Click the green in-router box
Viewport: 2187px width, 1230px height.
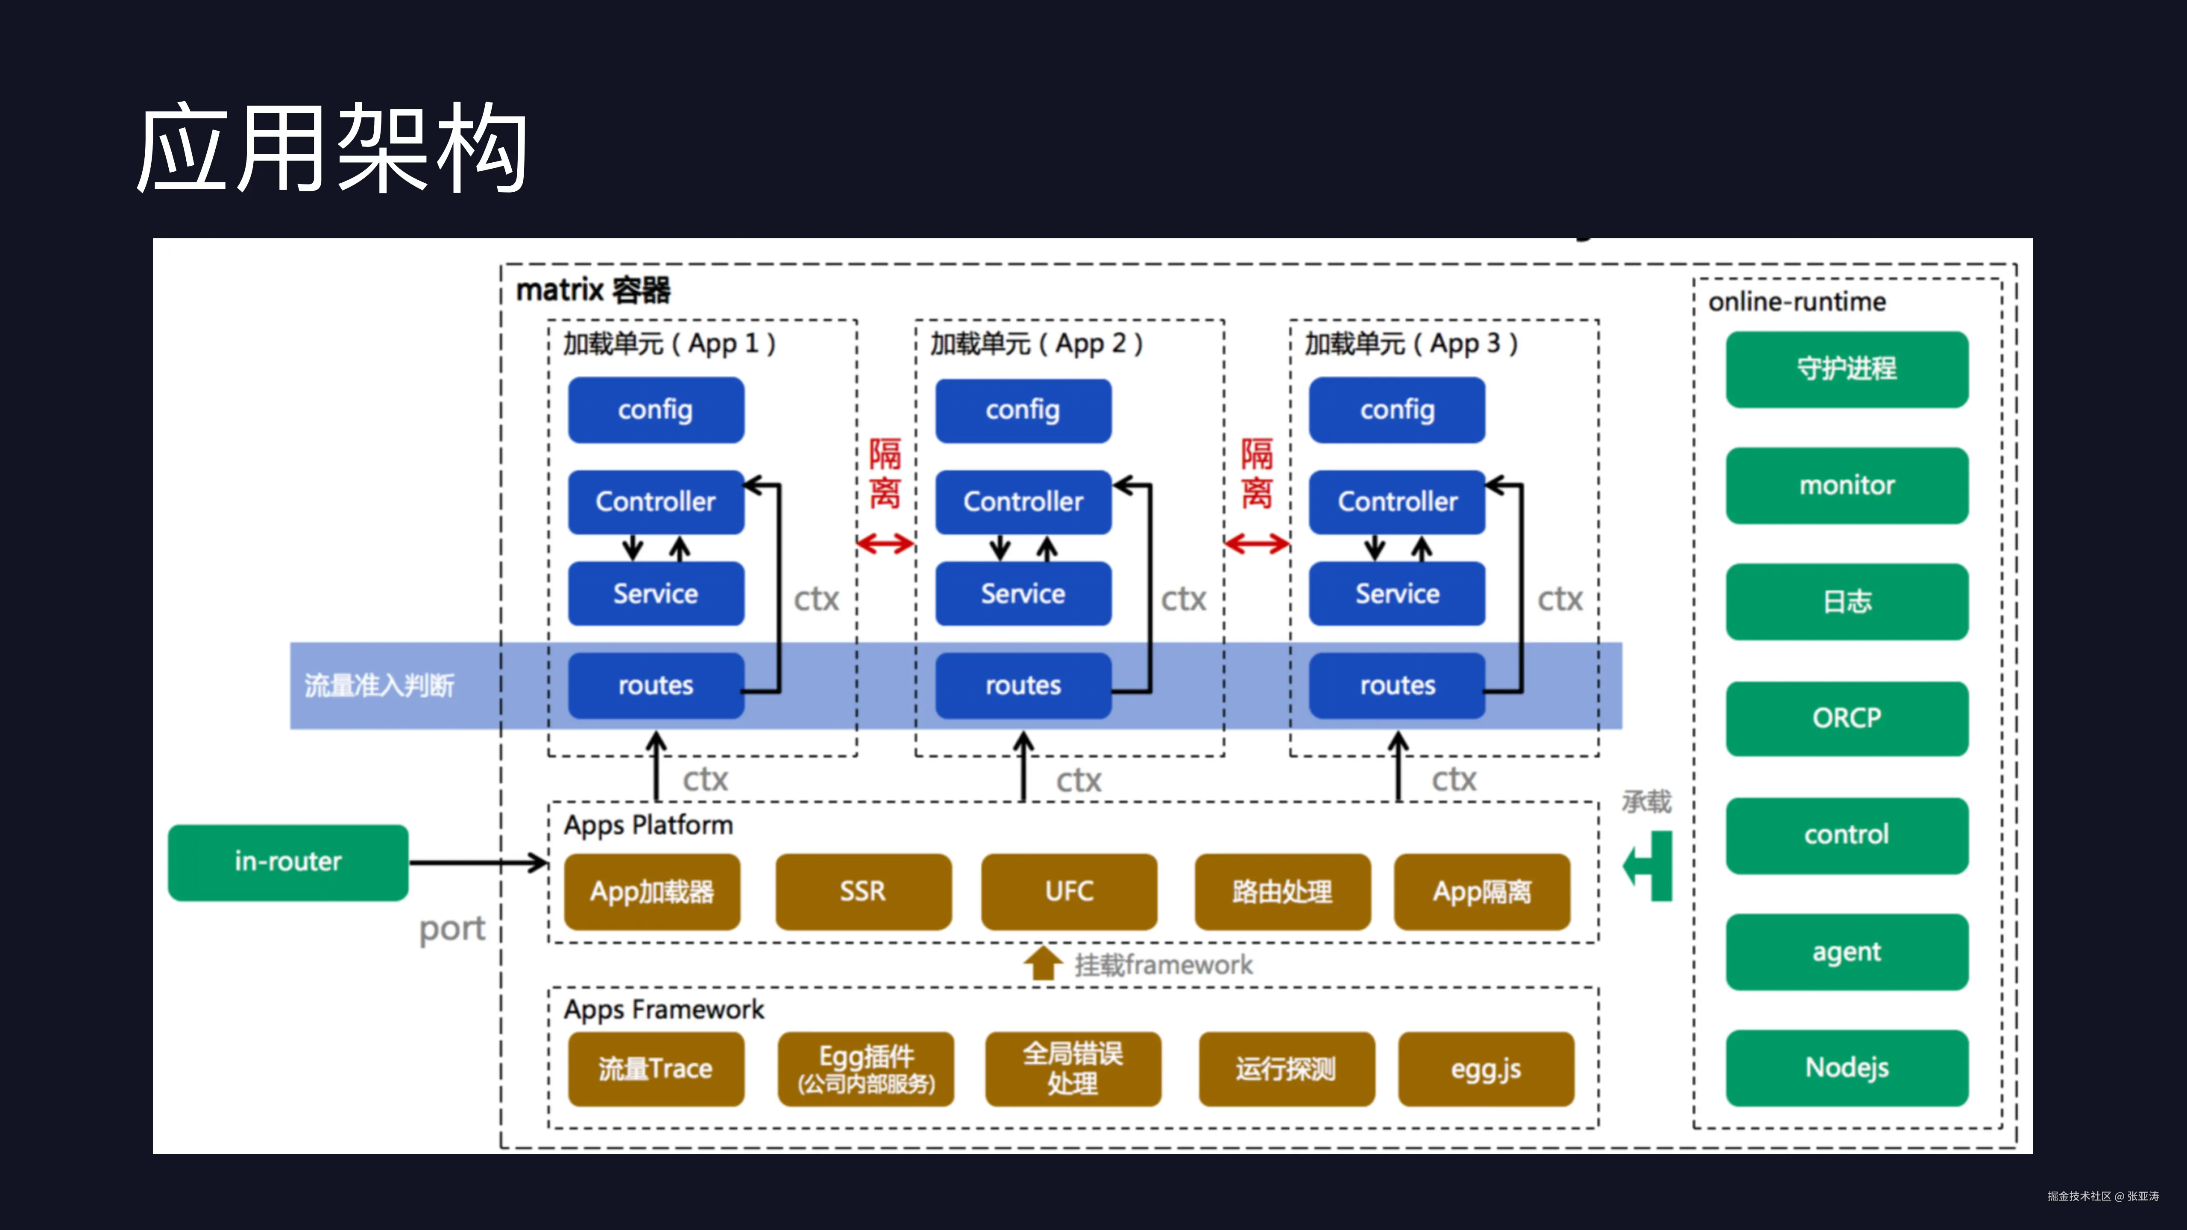288,861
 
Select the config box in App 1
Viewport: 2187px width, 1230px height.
655,410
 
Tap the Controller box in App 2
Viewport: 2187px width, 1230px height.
1023,502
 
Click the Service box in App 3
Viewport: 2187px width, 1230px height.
1397,593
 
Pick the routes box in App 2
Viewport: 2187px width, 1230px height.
1023,685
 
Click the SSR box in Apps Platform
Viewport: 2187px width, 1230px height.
862,891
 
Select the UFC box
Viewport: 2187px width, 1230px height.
1069,891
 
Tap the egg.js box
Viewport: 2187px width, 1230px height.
1486,1069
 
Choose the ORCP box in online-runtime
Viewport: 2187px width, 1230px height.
1847,718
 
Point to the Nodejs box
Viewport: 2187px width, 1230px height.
1847,1067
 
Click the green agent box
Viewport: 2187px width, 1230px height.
1847,952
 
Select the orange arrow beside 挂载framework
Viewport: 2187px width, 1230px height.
1043,963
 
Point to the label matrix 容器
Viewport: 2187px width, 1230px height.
592,290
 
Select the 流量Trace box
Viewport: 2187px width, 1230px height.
655,1069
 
